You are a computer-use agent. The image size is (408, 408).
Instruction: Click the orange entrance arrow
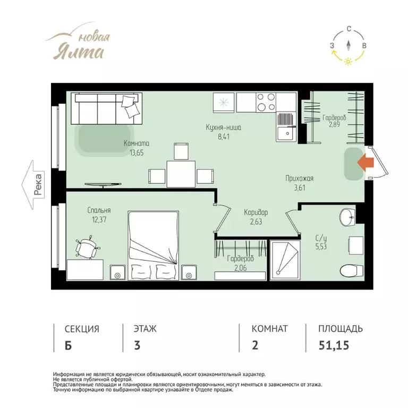tap(365, 163)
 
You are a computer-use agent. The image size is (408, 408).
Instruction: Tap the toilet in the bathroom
tap(352, 270)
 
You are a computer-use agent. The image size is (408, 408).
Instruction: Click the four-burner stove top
tap(266, 102)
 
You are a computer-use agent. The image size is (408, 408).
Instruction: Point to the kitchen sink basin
tap(286, 134)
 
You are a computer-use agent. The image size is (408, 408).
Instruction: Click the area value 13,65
tap(137, 153)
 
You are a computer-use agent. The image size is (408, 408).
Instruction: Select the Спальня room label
tap(99, 210)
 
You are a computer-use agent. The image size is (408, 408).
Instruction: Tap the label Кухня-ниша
tap(223, 127)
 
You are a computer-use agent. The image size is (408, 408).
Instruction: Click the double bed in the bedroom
tap(153, 245)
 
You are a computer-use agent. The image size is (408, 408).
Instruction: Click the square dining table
tap(181, 174)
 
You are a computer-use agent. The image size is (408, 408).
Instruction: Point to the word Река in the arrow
tap(38, 184)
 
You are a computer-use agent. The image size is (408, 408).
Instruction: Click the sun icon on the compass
tap(348, 62)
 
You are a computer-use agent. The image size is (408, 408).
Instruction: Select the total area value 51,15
tap(334, 345)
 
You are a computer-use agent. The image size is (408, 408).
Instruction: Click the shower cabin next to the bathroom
tap(285, 260)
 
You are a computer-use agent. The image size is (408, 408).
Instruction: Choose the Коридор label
tap(256, 212)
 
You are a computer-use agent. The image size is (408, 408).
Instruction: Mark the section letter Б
tap(68, 345)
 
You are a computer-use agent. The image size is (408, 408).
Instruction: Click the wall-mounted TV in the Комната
tap(103, 185)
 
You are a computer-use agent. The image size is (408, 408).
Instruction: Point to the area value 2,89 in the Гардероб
tap(334, 124)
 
